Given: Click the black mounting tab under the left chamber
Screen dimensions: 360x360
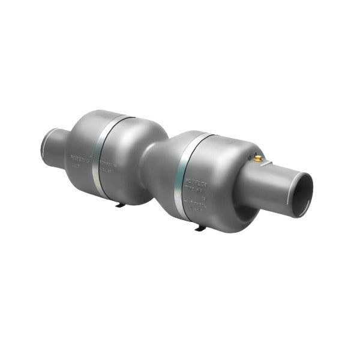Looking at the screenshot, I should coord(120,205).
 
